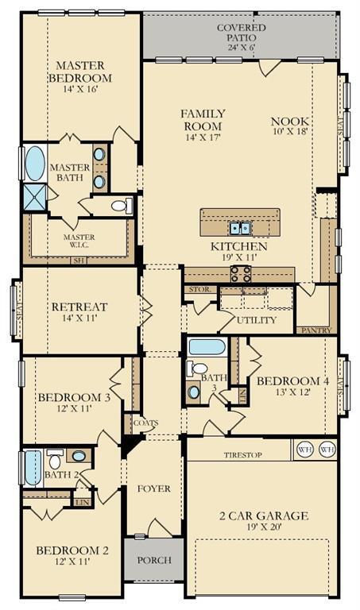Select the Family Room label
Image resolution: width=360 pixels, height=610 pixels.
tap(203, 125)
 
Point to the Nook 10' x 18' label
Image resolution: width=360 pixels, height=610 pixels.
tap(289, 127)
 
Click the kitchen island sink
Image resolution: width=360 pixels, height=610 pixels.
tap(240, 229)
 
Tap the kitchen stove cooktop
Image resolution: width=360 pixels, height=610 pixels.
tap(241, 274)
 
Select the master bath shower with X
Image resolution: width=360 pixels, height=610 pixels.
tap(34, 196)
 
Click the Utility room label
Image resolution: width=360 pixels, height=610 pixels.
tap(257, 320)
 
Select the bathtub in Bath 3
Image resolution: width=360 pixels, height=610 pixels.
tap(207, 347)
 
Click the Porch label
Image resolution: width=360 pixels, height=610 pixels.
tap(154, 560)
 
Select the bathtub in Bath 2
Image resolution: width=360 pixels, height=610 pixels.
tap(33, 468)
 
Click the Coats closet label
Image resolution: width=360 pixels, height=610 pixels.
tap(145, 423)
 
